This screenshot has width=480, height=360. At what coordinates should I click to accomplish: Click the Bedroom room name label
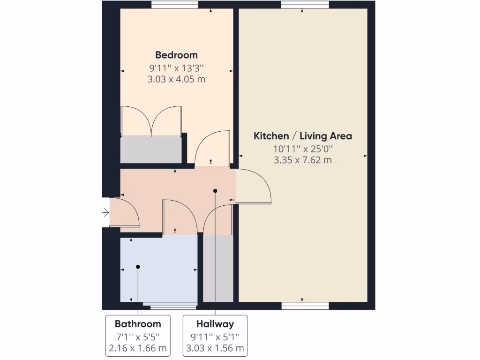(176, 55)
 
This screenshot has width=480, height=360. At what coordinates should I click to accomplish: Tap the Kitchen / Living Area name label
(302, 136)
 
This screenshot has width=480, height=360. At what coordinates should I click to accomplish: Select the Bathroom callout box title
(138, 323)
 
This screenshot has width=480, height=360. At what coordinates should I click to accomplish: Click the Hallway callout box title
(215, 323)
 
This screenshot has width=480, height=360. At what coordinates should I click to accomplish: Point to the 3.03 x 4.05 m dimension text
(176, 79)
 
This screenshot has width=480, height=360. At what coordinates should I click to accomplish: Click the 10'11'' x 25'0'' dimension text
(302, 149)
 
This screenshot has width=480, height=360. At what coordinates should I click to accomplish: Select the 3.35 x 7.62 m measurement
(302, 160)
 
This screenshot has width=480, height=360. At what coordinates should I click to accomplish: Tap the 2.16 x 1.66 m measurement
(138, 348)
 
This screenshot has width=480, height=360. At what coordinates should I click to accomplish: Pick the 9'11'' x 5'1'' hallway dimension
(215, 336)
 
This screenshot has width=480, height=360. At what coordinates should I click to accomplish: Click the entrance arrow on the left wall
(105, 213)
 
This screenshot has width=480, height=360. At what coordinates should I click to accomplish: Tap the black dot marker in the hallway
(215, 191)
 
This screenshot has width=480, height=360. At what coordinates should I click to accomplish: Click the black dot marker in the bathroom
(138, 267)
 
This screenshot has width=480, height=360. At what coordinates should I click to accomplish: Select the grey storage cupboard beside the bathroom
(218, 269)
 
